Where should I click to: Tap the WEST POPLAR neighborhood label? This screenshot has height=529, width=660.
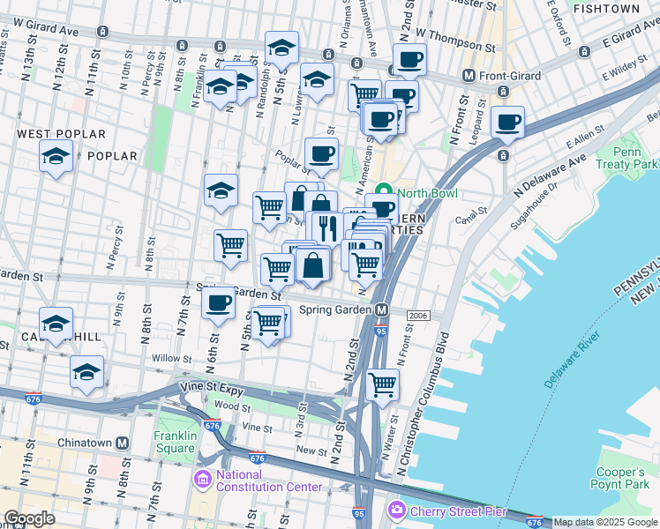tap(61, 134)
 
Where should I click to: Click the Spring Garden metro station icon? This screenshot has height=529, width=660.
tap(382, 310)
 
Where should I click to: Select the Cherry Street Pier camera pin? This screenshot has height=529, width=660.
tap(397, 510)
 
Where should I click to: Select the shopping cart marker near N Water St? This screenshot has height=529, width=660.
tap(382, 384)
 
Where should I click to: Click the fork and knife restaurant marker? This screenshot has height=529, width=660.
tap(326, 227)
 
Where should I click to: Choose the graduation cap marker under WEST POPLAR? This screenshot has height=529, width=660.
tap(56, 156)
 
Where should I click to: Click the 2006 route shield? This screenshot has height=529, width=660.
tap(417, 316)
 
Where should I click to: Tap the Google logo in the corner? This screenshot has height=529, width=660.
tap(28, 518)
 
